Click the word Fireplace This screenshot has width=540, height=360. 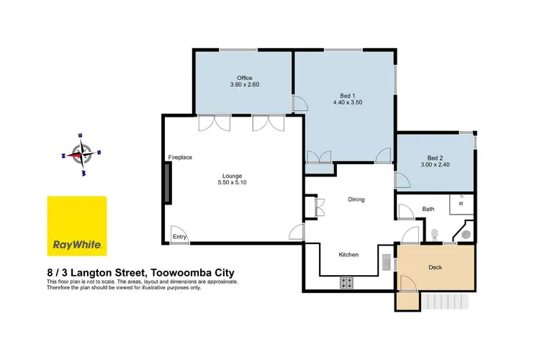(179, 157)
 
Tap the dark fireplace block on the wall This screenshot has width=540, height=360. (167, 184)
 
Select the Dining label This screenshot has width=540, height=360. (356, 199)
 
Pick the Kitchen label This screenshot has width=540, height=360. (348, 255)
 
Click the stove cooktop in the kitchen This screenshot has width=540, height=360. (346, 282)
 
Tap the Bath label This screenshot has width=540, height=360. (428, 210)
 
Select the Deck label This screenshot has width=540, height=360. (434, 266)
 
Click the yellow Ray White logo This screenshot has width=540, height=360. (77, 225)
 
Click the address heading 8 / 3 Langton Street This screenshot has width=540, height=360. (141, 273)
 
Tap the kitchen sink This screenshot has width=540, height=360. (387, 261)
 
